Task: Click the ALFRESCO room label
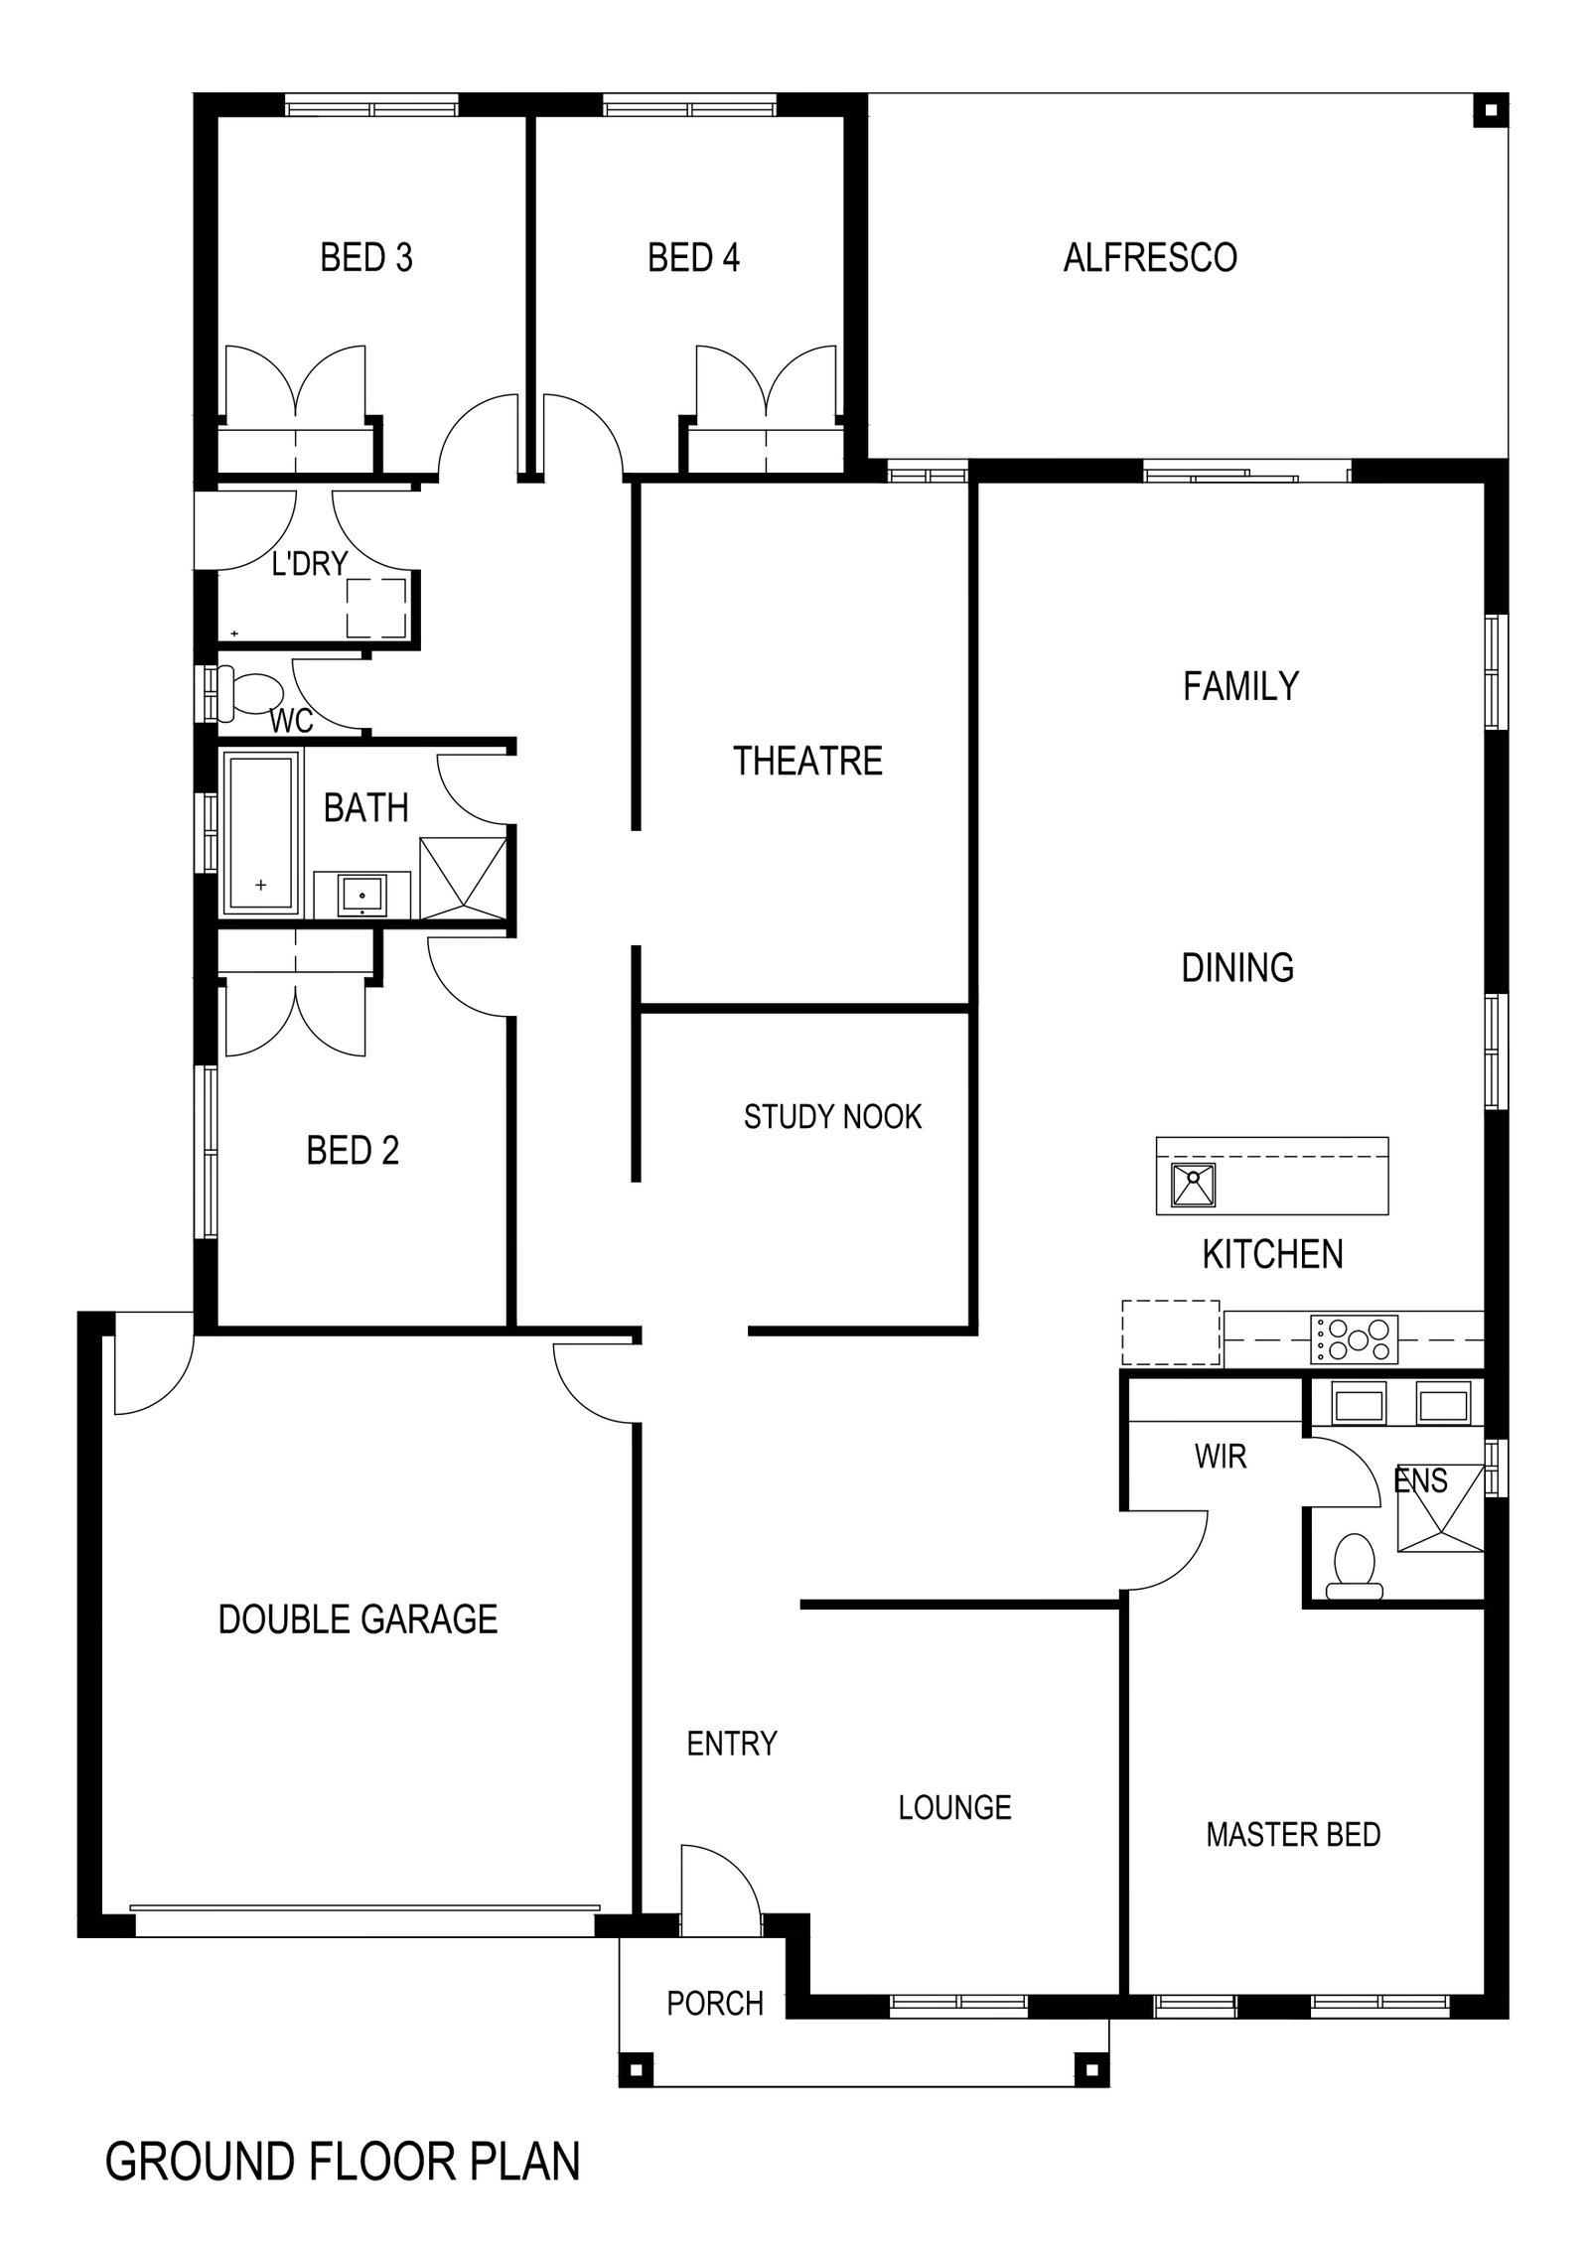point(1150,258)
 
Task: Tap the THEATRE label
point(807,762)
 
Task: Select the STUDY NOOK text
point(832,1117)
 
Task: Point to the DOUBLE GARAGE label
point(358,1619)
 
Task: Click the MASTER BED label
point(1293,1835)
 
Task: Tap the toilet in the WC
point(250,692)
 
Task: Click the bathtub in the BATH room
point(262,833)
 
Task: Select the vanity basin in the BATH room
point(363,895)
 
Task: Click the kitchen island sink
point(1194,1185)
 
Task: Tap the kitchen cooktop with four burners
point(1355,1338)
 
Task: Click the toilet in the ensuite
point(1355,1569)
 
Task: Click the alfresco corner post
point(1490,110)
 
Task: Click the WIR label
point(1221,1457)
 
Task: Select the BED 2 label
point(353,1151)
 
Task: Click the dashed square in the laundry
point(376,607)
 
